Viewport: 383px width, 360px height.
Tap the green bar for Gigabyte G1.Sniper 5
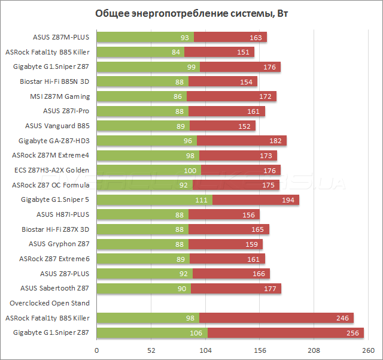tap(154, 199)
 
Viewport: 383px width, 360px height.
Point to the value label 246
tap(342, 317)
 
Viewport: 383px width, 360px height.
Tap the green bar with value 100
tap(148, 170)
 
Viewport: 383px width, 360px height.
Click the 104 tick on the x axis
tap(206, 350)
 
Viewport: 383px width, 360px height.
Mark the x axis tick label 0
tap(96, 350)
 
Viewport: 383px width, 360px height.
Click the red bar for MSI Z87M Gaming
tap(231, 96)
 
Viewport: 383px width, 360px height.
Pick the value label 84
tap(176, 52)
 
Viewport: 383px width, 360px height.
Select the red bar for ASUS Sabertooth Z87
tap(236, 288)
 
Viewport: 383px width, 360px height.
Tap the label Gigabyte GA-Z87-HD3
tap(54, 141)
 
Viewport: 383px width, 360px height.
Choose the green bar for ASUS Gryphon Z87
tap(142, 244)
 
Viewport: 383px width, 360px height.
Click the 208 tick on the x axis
tap(315, 350)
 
